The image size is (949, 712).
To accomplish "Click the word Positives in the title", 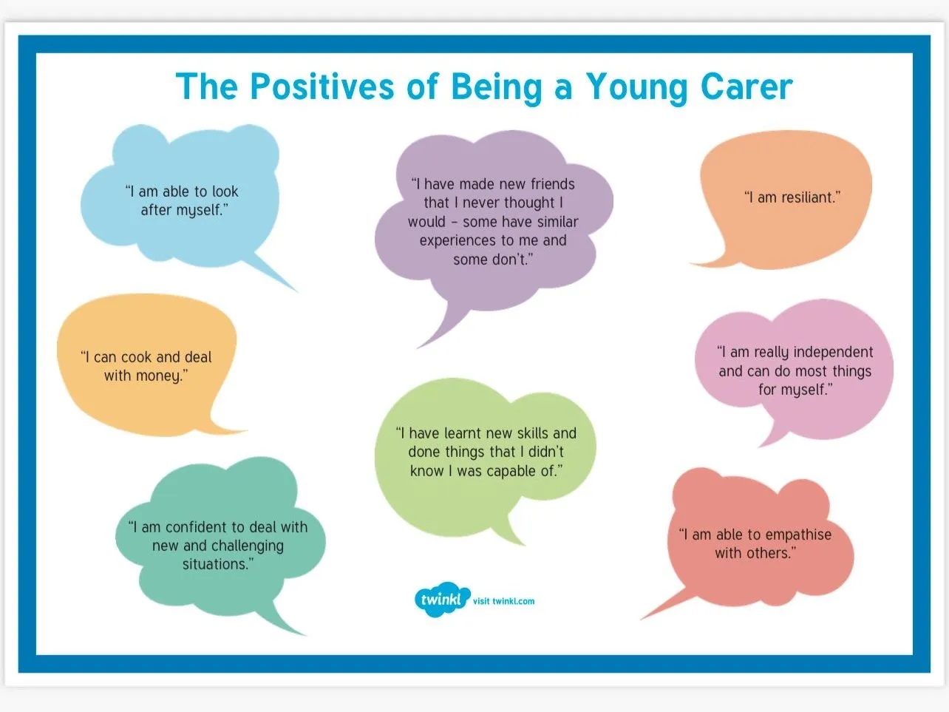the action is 322,87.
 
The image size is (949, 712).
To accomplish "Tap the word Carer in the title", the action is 746,87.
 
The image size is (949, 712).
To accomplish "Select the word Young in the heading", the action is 636,88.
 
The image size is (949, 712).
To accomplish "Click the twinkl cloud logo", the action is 442,599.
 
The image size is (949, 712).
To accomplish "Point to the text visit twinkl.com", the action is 503,601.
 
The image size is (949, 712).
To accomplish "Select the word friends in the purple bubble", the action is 553,183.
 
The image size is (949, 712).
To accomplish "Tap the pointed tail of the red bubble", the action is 642,619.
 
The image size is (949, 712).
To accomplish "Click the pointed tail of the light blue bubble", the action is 297,291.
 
